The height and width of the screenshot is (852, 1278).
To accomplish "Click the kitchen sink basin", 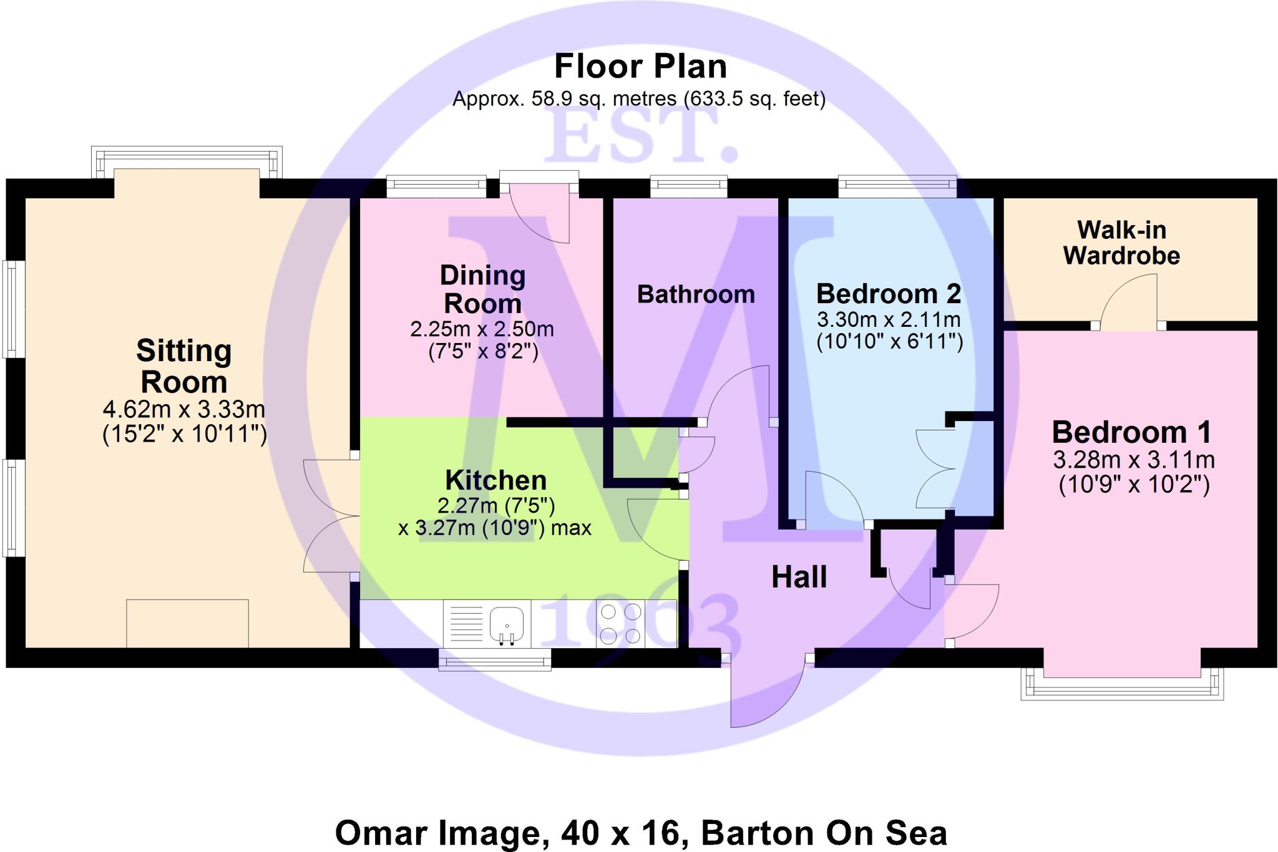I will pos(506,621).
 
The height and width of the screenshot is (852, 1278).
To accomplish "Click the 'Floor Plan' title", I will pos(640,67).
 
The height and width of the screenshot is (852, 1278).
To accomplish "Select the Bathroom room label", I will pos(696,294).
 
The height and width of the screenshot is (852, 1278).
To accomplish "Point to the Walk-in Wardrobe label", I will pos(1121,243).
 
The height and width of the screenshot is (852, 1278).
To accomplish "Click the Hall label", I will pos(799,577).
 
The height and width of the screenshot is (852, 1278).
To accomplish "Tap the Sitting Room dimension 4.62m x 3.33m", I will pos(184,410).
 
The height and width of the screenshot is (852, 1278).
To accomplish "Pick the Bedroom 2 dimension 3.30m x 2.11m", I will pos(889,320).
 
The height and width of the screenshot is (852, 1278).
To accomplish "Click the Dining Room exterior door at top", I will pos(540,212).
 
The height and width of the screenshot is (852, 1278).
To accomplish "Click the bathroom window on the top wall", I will pos(689,184).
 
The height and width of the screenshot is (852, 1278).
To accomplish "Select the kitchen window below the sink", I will pos(494,659).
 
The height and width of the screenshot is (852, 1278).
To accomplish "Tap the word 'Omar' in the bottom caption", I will pos(382,833).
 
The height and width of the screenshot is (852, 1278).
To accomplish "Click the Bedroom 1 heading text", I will pos(1131,432).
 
